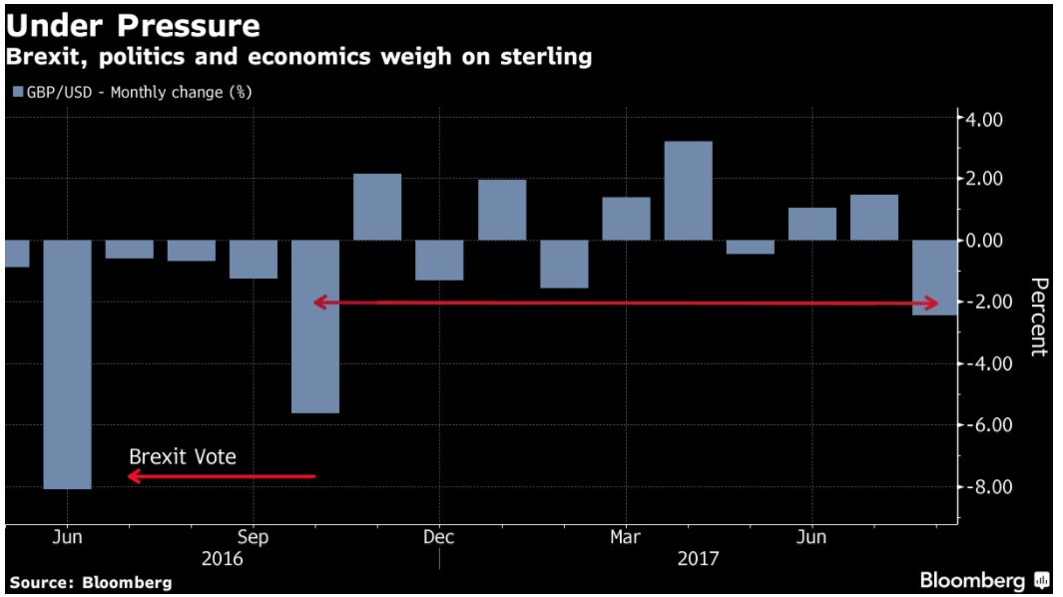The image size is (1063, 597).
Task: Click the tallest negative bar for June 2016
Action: coord(67,364)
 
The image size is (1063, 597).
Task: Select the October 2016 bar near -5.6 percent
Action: coord(315,326)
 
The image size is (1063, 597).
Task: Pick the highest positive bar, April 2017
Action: coord(689,191)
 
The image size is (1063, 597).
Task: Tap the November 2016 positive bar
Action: coord(377,207)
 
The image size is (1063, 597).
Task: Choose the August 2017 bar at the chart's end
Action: coord(936,278)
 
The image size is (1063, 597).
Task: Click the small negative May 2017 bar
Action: coord(751,247)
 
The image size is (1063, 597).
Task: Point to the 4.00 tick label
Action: coord(981,119)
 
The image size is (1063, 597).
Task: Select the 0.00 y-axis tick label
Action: coord(981,241)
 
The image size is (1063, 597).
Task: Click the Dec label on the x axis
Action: coord(438,537)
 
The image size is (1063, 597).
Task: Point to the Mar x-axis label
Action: coord(626,537)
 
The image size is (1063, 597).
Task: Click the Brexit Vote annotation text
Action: coord(183,456)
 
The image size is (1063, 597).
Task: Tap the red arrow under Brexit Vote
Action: coord(222,476)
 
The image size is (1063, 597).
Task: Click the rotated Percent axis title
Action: coord(1039,316)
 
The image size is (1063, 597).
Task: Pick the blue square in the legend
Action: coord(16,92)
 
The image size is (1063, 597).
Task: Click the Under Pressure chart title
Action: coord(133,25)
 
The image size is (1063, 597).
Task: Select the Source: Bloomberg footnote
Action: coord(91,582)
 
